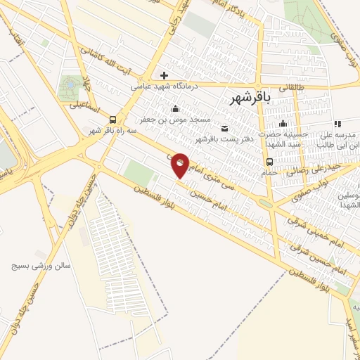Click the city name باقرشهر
(x=251, y=101)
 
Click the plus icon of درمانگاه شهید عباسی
(x=164, y=75)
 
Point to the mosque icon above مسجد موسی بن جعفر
(x=176, y=108)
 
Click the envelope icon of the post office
(x=224, y=128)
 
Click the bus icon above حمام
(x=270, y=162)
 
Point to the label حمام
(x=270, y=173)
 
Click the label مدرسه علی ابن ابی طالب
(x=337, y=139)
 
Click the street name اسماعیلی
(x=85, y=107)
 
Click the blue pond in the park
(x=70, y=87)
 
